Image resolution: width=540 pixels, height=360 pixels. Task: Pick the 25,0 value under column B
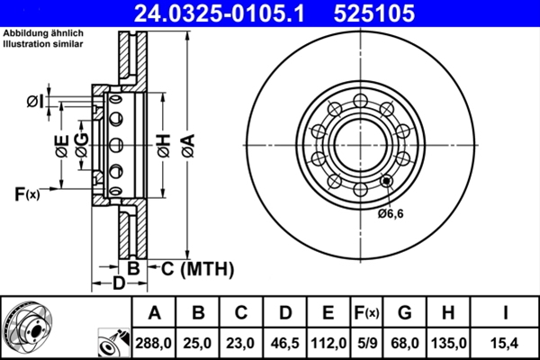point(198,343)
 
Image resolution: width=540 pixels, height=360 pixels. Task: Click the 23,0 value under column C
point(241,343)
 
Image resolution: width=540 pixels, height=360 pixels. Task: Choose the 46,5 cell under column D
point(284,343)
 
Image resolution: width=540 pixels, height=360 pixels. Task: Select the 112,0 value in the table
point(328,343)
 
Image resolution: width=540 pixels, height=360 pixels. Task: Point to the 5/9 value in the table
point(364,343)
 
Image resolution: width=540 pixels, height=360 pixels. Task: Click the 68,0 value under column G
point(405,343)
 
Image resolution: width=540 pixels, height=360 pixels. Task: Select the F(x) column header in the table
point(364,313)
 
